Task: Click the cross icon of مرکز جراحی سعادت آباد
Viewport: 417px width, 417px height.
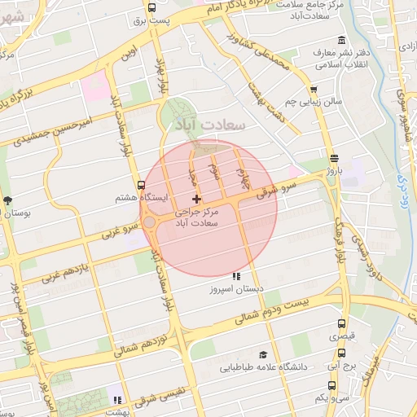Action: (195, 200)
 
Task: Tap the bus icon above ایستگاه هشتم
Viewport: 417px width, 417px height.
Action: (142, 185)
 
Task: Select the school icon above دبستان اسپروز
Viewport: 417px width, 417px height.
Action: (236, 276)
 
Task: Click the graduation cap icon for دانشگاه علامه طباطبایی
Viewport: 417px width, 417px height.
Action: (262, 354)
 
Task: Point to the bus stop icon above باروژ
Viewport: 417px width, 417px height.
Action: (334, 158)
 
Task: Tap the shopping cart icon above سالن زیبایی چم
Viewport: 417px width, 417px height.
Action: (313, 90)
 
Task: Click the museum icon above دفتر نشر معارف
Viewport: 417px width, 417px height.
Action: (340, 41)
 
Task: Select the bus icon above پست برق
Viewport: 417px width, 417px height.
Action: (151, 7)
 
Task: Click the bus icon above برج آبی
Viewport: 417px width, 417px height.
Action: (341, 353)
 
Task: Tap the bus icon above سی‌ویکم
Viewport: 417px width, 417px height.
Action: (321, 384)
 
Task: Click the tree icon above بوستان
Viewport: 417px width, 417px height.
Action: (8, 200)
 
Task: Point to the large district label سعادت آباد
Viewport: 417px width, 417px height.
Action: (209, 126)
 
